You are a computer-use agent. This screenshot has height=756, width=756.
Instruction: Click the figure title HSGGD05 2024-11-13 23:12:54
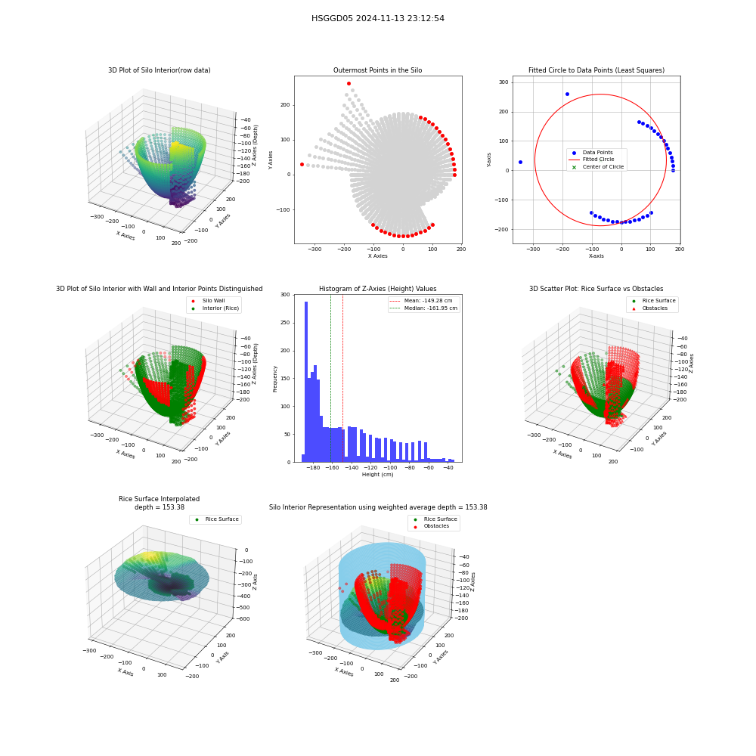coord(377,18)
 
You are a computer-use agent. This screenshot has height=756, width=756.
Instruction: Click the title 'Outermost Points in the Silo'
coord(377,70)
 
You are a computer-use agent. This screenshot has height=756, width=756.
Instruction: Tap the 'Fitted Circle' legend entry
coord(598,159)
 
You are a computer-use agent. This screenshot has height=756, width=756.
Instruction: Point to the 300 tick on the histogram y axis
coord(286,295)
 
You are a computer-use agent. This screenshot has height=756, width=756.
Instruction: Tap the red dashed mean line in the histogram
coord(342,379)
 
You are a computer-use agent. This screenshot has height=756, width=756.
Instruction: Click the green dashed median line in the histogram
coord(331,379)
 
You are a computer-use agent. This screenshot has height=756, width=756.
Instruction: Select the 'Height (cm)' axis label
coord(377,475)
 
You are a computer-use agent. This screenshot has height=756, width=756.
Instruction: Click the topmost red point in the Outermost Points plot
coord(349,84)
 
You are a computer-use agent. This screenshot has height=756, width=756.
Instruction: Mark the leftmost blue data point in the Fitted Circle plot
coord(520,162)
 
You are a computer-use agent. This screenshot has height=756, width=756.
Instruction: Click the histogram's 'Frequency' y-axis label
coord(275,379)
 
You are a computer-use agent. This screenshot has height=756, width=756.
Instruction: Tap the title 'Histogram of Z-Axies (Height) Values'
coord(377,289)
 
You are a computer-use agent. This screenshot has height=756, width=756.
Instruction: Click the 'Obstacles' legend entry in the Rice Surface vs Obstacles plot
coord(655,308)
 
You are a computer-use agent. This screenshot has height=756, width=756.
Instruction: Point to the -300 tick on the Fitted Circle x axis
coord(533,249)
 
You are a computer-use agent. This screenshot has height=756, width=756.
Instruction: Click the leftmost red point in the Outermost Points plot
coord(302,164)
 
